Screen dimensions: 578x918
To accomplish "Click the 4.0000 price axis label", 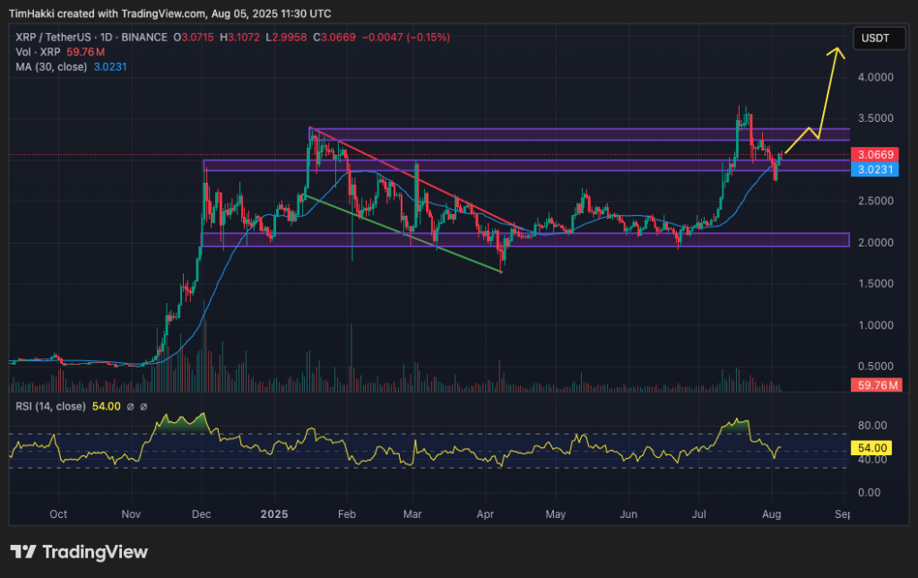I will [876, 78].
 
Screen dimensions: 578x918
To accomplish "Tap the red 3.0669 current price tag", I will [874, 154].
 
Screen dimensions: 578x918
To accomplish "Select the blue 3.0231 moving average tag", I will [874, 168].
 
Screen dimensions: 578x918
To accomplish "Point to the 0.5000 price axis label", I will [876, 367].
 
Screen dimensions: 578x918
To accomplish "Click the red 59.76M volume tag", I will [874, 385].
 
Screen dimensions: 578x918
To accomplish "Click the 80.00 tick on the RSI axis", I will [873, 425].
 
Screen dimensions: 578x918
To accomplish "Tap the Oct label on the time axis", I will [59, 514].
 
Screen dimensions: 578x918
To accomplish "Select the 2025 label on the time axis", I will [273, 514].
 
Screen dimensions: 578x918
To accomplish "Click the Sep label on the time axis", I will [842, 514].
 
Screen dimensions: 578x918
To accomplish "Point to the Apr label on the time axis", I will [485, 514].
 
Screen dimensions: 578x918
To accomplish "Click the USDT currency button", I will [874, 38].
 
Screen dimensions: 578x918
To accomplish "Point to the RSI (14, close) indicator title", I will [51, 406].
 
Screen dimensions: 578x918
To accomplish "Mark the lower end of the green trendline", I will [500, 272].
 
